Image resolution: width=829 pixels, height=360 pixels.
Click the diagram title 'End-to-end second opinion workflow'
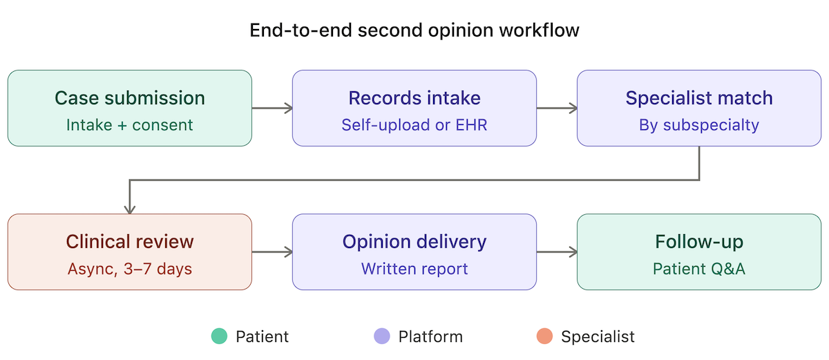coord(414,31)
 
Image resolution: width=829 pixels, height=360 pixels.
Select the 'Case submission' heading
coord(130,98)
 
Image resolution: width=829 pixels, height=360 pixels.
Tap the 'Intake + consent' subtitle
coord(130,125)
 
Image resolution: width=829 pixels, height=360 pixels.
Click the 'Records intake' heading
coord(414,98)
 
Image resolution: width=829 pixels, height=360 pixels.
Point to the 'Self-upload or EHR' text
coord(414,125)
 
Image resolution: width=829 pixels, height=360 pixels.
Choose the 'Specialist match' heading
coord(699,98)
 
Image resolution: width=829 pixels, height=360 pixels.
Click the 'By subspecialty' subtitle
coord(699,125)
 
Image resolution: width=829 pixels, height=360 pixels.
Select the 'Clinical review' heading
coord(130,242)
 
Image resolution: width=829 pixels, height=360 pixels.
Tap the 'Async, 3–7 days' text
coord(130,269)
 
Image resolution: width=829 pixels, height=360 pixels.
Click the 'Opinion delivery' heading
coord(414,242)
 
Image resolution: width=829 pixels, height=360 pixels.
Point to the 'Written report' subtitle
coord(414,269)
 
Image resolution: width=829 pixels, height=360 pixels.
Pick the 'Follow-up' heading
coord(699,242)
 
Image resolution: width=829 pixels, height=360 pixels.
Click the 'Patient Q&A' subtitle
coord(699,269)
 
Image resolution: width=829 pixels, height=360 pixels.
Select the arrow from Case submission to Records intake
coord(272,108)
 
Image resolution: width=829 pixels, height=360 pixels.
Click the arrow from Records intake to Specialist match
coord(557,108)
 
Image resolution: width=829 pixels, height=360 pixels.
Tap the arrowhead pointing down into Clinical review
coord(130,209)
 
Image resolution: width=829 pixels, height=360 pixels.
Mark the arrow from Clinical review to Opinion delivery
coord(272,252)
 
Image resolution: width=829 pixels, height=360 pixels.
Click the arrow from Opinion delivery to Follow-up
coord(557,252)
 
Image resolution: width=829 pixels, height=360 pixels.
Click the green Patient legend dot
coord(219,337)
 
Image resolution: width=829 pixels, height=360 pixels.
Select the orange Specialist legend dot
coord(544,337)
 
